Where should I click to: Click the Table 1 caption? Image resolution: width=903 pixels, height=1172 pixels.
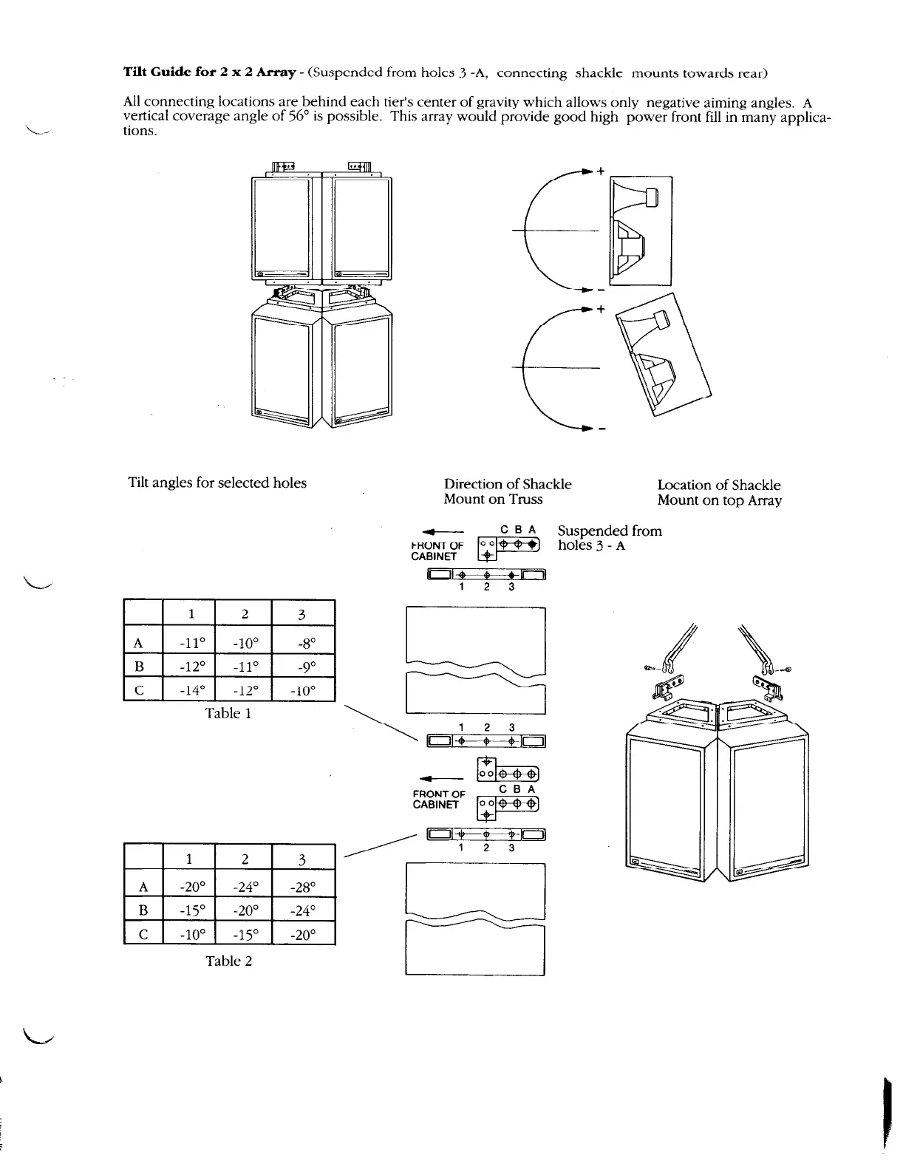pyautogui.click(x=228, y=713)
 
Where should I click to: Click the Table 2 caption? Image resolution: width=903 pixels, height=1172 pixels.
pyautogui.click(x=228, y=961)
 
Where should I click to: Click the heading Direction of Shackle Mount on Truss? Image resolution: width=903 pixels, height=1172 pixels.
pyautogui.click(x=508, y=491)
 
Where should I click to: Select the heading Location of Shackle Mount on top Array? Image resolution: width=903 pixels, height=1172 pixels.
pyautogui.click(x=719, y=492)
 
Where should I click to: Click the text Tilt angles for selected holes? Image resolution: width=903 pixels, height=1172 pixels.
pyautogui.click(x=217, y=483)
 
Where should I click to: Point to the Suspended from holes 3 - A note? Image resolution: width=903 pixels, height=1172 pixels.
pyautogui.click(x=609, y=538)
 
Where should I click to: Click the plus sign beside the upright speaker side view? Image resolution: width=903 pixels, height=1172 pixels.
pyautogui.click(x=601, y=171)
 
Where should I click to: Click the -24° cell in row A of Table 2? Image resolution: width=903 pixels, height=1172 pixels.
pyautogui.click(x=245, y=886)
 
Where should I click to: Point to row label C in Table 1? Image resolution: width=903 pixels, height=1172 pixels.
pyautogui.click(x=138, y=690)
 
